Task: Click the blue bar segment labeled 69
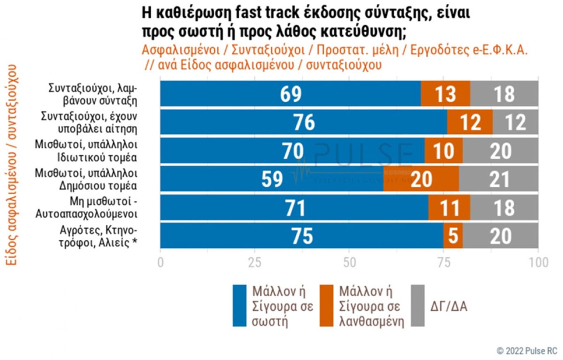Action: tap(291, 94)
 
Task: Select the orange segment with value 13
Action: tap(445, 94)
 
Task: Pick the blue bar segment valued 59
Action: tap(272, 179)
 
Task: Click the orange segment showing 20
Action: tap(421, 179)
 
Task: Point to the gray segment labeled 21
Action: tap(498, 179)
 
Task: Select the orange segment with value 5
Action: tap(453, 236)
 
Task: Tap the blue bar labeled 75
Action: tap(301, 236)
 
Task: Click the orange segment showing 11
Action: tap(449, 208)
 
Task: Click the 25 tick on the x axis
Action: tap(255, 263)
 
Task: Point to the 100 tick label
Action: tap(538, 263)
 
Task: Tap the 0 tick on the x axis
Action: tap(161, 263)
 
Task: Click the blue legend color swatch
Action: tap(240, 306)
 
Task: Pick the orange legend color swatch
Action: tap(328, 306)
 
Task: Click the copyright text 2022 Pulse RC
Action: tap(527, 351)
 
